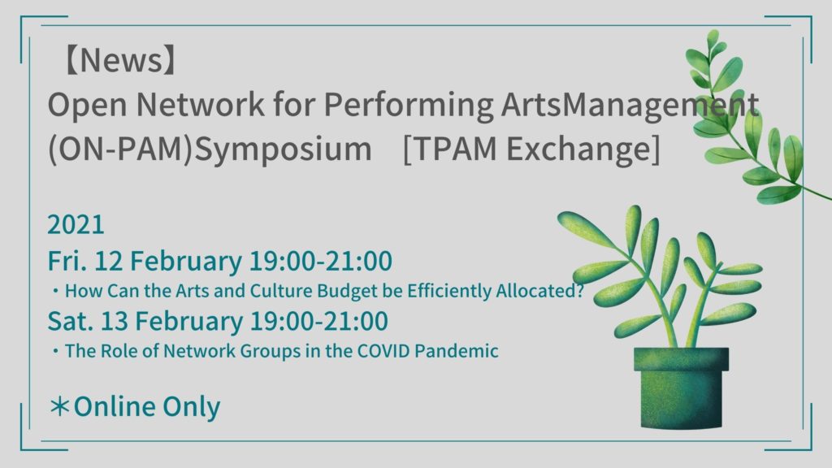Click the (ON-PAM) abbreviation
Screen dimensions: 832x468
click(120, 149)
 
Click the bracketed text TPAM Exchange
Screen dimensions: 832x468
click(531, 149)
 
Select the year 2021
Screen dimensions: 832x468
click(76, 224)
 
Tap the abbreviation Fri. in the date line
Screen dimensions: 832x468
click(67, 261)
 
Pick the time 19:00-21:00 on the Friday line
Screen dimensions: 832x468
click(320, 261)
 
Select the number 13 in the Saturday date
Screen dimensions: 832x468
click(114, 321)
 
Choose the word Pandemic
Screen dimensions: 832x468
click(457, 351)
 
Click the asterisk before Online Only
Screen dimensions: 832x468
click(59, 406)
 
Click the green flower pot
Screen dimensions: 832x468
click(682, 388)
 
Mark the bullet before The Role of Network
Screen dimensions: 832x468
click(55, 351)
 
